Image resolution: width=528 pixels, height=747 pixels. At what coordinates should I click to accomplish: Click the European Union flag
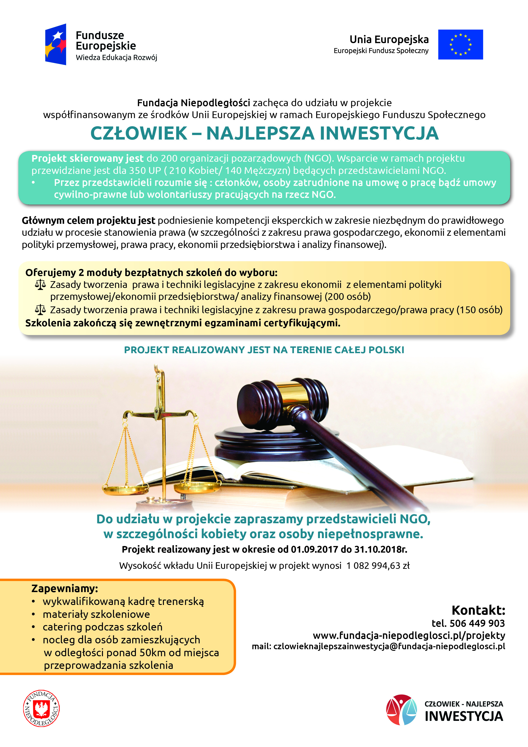460,44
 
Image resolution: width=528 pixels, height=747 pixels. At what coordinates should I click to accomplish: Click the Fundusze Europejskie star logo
56,44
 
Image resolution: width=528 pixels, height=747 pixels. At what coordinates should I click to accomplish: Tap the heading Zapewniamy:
64,588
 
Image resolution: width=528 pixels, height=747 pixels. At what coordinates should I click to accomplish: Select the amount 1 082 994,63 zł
378,565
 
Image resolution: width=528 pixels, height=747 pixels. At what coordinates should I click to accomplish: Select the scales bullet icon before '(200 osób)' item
40,285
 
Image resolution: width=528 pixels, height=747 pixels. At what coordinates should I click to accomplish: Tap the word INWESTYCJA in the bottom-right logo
464,716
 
